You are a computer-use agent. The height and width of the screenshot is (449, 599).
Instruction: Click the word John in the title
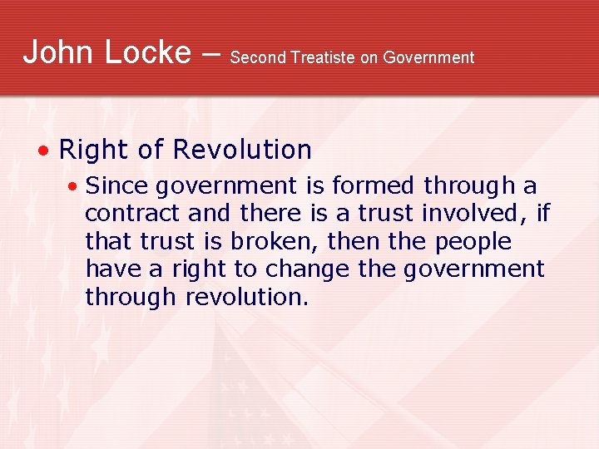(x=57, y=52)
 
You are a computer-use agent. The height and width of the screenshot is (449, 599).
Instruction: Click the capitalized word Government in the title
(x=428, y=57)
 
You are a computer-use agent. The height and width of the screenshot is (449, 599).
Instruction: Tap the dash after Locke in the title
(x=211, y=54)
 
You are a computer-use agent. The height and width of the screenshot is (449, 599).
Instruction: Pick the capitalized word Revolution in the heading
(x=242, y=150)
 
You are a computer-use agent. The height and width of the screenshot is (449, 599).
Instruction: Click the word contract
(x=133, y=214)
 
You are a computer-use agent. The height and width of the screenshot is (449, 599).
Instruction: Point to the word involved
(x=472, y=214)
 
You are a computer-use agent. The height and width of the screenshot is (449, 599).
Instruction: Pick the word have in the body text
(x=107, y=269)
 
